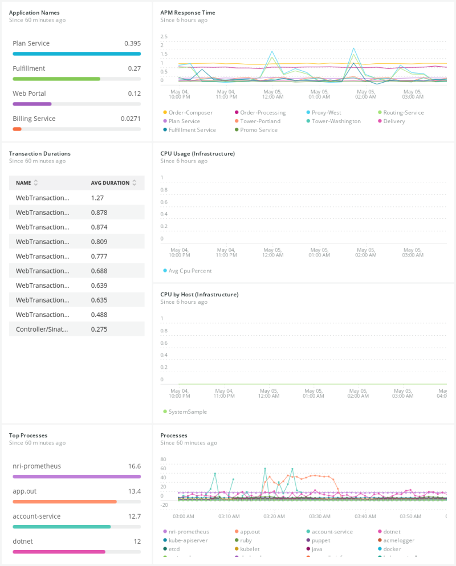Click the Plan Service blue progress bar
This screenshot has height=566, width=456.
pyautogui.click(x=76, y=54)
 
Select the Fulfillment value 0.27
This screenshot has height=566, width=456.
pyautogui.click(x=134, y=68)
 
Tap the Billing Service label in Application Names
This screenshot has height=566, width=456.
pyautogui.click(x=34, y=119)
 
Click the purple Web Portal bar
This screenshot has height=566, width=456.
pyautogui.click(x=32, y=104)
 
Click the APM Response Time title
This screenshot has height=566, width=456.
pyautogui.click(x=188, y=13)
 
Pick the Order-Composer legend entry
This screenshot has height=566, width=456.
pyautogui.click(x=190, y=113)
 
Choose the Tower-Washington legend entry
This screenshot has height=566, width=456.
pyautogui.click(x=336, y=121)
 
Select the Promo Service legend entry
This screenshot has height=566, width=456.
pyautogui.click(x=258, y=130)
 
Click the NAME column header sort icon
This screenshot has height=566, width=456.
pyautogui.click(x=36, y=183)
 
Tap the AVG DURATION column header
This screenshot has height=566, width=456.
pyautogui.click(x=110, y=183)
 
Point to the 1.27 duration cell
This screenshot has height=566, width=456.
pyautogui.click(x=97, y=198)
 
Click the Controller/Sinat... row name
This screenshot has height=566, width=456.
pyautogui.click(x=42, y=329)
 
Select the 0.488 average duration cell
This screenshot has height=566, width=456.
pyautogui.click(x=99, y=315)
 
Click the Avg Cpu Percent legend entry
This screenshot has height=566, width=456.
pyautogui.click(x=190, y=271)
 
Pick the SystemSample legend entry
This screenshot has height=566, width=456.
pyautogui.click(x=188, y=412)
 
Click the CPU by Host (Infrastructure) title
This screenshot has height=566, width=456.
pyautogui.click(x=199, y=295)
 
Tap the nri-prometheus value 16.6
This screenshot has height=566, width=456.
pyautogui.click(x=134, y=466)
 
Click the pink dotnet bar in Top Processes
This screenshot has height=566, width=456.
pyautogui.click(x=59, y=552)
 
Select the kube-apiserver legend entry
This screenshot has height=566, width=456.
pyautogui.click(x=188, y=540)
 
